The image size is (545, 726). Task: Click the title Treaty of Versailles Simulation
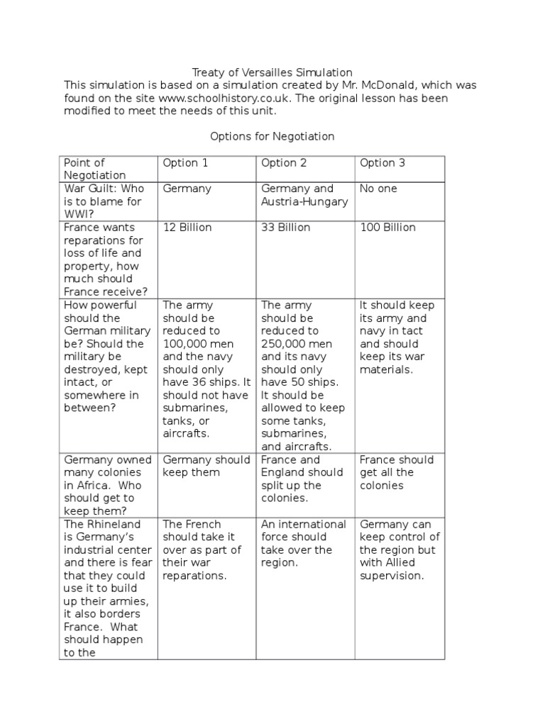point(272,72)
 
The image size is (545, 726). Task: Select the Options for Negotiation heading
point(272,136)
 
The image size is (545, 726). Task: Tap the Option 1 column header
point(186,163)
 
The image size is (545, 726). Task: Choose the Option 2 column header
point(284,163)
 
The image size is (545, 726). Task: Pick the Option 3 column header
point(382,163)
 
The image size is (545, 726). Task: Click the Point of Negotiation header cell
point(94,169)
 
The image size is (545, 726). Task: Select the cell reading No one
point(378,189)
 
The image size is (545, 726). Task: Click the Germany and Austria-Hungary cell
point(304,195)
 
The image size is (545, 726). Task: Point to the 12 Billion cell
point(187,228)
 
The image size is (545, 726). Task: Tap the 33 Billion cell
point(286,228)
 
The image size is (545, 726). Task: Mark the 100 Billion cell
point(387,228)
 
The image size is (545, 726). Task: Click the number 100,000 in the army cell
point(184,344)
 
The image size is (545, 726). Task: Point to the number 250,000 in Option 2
point(282,344)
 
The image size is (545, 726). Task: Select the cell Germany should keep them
point(206,466)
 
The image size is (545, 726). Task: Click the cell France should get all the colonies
point(396,472)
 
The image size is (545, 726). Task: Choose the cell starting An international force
point(304,543)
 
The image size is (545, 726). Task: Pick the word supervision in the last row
point(391,576)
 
